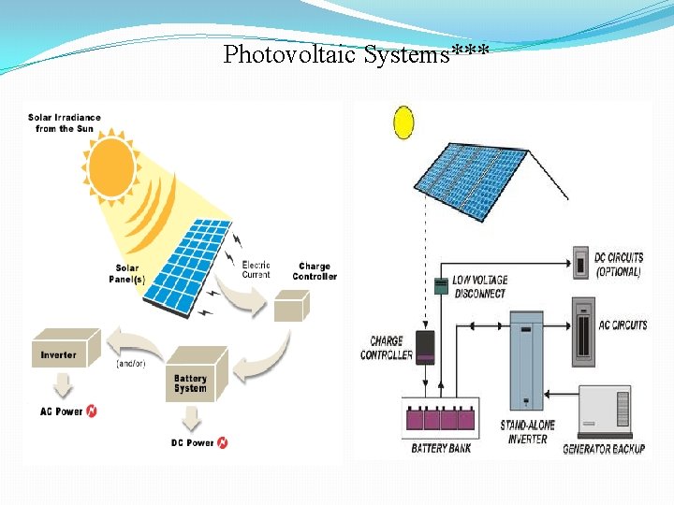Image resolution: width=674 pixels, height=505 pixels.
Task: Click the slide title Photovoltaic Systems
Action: coord(356,54)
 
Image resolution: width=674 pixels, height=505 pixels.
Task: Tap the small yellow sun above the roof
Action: coord(403,123)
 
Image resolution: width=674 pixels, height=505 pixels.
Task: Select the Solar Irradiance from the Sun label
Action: coord(65,123)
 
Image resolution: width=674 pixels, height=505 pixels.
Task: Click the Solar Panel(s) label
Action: coord(127,273)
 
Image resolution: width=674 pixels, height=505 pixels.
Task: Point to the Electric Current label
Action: coord(256,269)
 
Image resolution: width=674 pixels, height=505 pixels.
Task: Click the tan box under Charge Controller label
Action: coord(290,307)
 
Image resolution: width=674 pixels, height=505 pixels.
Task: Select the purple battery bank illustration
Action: coord(439,419)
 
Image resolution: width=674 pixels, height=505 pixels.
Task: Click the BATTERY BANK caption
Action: coord(441,449)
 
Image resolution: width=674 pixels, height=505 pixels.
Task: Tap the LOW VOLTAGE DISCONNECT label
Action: coord(479,286)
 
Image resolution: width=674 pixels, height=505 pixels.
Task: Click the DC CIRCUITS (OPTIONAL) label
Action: coord(619,265)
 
